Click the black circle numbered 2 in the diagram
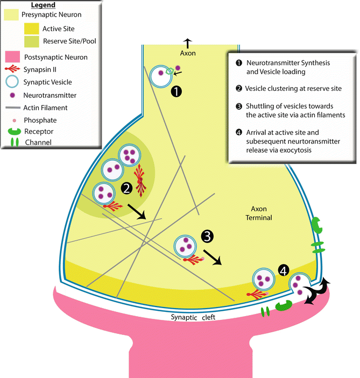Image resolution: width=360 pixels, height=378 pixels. [x=127, y=188]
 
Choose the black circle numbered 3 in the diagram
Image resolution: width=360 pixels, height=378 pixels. [x=208, y=235]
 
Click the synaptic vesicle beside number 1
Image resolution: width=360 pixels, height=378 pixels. [x=160, y=76]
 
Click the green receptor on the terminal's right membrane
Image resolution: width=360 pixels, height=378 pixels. [x=316, y=225]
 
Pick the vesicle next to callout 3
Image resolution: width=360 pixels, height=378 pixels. [x=185, y=247]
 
